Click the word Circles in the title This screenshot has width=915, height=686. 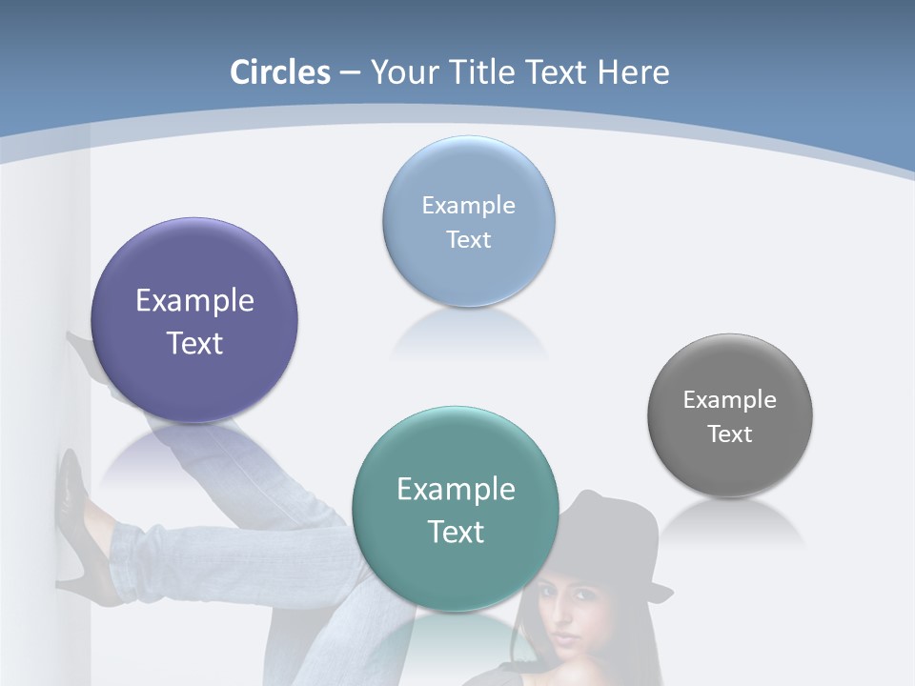pyautogui.click(x=279, y=72)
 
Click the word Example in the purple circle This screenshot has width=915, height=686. pyautogui.click(x=194, y=300)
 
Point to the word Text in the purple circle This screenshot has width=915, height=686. pyautogui.click(x=194, y=343)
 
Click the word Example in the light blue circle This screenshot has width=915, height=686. pyautogui.click(x=468, y=205)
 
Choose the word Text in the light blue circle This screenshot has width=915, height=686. pyautogui.click(x=468, y=239)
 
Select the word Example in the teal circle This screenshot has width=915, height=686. pyautogui.click(x=456, y=489)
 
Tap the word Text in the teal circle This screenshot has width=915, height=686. pyautogui.click(x=456, y=532)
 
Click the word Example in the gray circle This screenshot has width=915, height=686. pyautogui.click(x=729, y=399)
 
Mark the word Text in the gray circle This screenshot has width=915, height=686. pyautogui.click(x=729, y=434)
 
